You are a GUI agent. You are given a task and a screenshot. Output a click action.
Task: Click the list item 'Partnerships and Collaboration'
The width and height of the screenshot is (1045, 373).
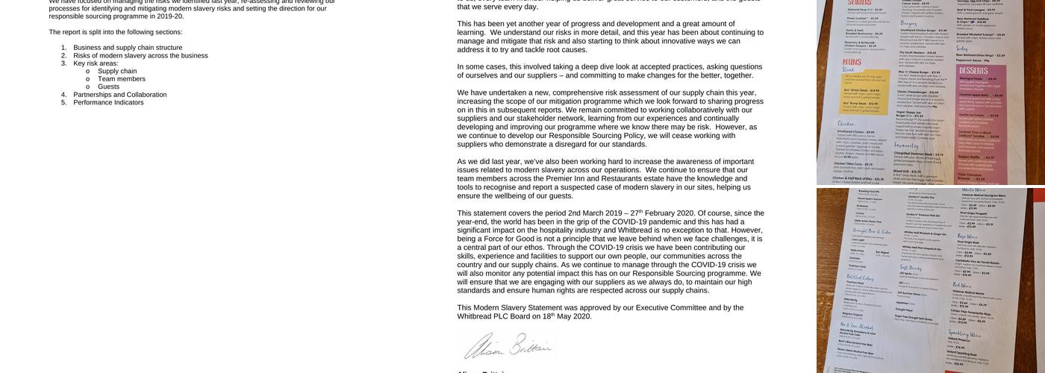(119, 95)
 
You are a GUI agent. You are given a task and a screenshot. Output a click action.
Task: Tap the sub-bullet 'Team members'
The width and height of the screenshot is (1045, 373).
(122, 79)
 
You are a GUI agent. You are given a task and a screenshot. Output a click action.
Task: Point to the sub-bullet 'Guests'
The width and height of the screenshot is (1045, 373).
(108, 87)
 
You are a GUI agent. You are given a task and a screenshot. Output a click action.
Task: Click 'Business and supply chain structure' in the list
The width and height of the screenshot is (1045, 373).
(128, 48)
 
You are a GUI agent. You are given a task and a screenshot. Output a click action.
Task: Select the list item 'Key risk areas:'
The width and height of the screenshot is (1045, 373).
(96, 63)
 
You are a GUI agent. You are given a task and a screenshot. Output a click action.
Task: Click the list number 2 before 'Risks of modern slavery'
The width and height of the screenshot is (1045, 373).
(64, 56)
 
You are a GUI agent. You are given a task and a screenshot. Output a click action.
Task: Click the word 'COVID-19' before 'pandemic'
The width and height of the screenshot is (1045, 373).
(635, 222)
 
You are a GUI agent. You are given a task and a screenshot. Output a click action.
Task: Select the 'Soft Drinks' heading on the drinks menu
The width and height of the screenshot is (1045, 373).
(909, 267)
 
